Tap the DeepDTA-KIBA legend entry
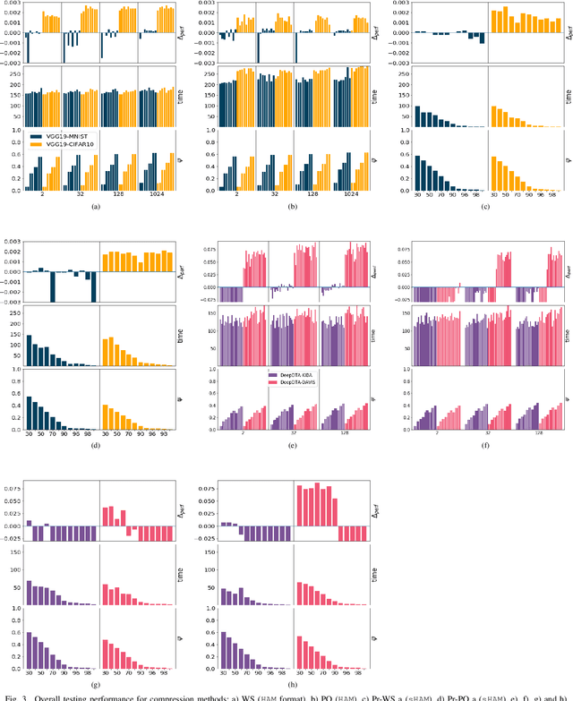click(301, 375)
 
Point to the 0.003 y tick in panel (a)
click(11, 4)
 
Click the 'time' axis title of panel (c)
click(568, 94)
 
